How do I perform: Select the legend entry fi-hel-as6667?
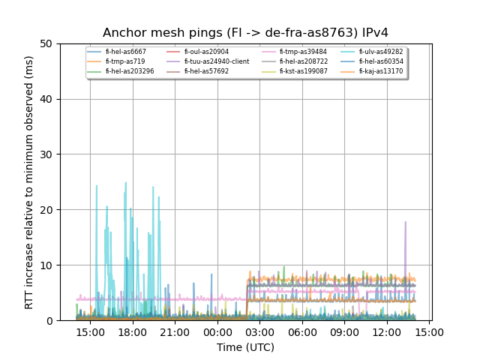coord(125,52)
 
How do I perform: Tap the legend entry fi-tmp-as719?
coord(125,61)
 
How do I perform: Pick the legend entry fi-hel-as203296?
coord(130,71)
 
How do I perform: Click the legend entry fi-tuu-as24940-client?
coord(217,61)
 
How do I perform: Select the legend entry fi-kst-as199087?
coord(303,71)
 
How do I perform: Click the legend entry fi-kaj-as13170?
coord(380,71)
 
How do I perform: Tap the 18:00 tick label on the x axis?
coord(133,331)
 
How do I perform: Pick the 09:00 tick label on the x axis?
coord(345,331)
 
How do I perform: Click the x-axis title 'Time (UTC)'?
coord(245,347)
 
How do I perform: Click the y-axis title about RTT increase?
coord(29,182)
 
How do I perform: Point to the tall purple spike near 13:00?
coord(406,222)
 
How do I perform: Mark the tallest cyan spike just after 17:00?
coord(126,183)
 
